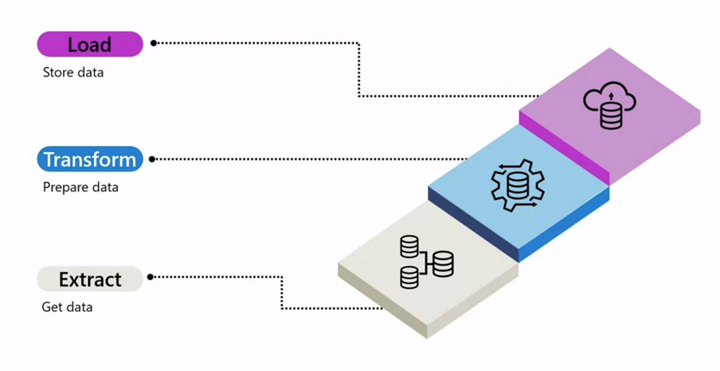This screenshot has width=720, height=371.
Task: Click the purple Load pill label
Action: click(90, 44)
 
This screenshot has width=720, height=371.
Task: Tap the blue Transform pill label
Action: click(90, 160)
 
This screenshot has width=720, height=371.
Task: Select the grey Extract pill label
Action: click(90, 279)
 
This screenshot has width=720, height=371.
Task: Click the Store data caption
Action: click(73, 73)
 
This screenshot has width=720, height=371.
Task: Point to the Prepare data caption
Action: click(80, 187)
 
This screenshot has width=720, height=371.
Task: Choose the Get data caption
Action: click(67, 307)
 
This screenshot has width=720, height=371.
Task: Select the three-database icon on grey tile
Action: click(426, 261)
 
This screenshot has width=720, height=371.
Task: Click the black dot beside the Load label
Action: click(154, 43)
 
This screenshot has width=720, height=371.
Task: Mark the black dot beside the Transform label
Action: click(152, 159)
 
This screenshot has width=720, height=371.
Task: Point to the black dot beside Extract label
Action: click(150, 277)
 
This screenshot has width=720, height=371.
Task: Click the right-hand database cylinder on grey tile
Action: click(443, 264)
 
